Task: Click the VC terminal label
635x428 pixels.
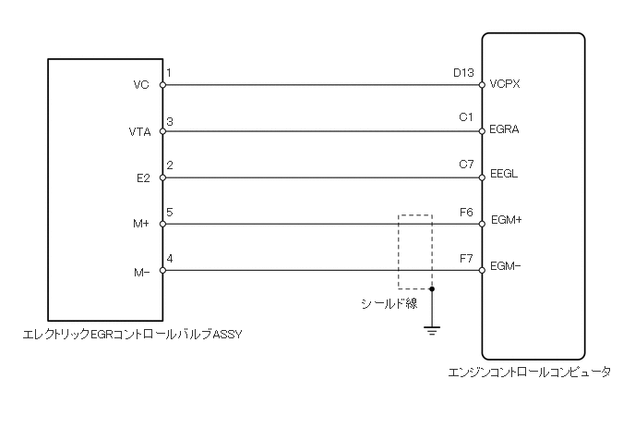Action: [x=141, y=85]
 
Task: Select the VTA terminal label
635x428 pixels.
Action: [x=139, y=131]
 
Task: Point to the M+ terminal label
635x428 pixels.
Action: [x=140, y=224]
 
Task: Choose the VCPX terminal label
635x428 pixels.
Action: [x=507, y=83]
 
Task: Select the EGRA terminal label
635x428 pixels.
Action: [x=506, y=129]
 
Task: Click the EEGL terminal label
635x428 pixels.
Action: [x=505, y=174]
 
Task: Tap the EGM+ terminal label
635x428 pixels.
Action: [x=507, y=220]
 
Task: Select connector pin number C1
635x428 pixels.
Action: [x=465, y=118]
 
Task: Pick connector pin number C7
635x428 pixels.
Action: [x=465, y=165]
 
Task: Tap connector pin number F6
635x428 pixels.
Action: [x=465, y=212]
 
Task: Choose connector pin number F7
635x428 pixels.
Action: [x=465, y=258]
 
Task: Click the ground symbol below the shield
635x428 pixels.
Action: [x=431, y=328]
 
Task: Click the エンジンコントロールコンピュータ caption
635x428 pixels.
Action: [x=529, y=373]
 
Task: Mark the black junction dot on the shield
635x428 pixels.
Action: [x=431, y=288]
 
